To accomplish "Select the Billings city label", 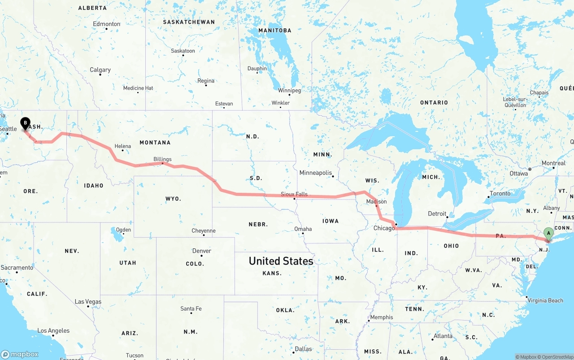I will (x=162, y=159).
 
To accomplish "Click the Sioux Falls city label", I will (x=294, y=194).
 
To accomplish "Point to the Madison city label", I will (x=376, y=202).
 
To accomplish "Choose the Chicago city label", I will (x=384, y=228).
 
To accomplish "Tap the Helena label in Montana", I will (x=123, y=146).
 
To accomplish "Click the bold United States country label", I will (x=281, y=261).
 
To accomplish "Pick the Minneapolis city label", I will (x=316, y=173).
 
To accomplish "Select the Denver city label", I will (x=201, y=251).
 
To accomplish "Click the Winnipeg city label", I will (x=289, y=91).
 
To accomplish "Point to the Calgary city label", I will (x=100, y=70).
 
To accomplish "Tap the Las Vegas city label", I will (x=88, y=302).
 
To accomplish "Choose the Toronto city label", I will (x=500, y=194).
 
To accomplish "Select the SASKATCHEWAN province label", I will (x=189, y=22).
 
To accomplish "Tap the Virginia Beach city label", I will (x=545, y=300).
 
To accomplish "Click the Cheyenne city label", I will (x=204, y=231).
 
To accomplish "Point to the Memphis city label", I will (x=382, y=317).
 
